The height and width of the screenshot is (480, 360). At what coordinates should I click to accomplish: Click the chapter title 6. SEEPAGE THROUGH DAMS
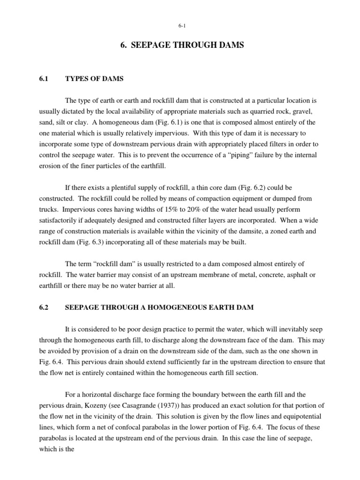click(x=180, y=45)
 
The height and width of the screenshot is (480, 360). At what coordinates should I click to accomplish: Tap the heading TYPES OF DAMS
click(x=94, y=79)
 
